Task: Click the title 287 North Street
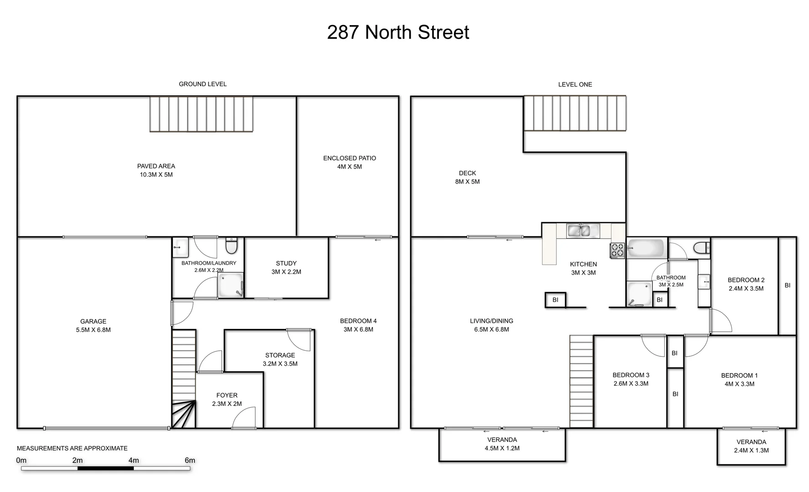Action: tap(398, 32)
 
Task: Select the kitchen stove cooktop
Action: tap(617, 251)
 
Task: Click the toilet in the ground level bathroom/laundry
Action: tap(231, 246)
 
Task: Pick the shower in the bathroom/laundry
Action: tap(230, 285)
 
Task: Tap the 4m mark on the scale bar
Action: tap(133, 460)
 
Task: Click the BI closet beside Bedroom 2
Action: tap(787, 286)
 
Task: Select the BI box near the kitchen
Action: tap(555, 300)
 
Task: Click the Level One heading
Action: tap(575, 84)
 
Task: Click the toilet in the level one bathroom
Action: tap(701, 248)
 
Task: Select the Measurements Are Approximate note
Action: tap(72, 448)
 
